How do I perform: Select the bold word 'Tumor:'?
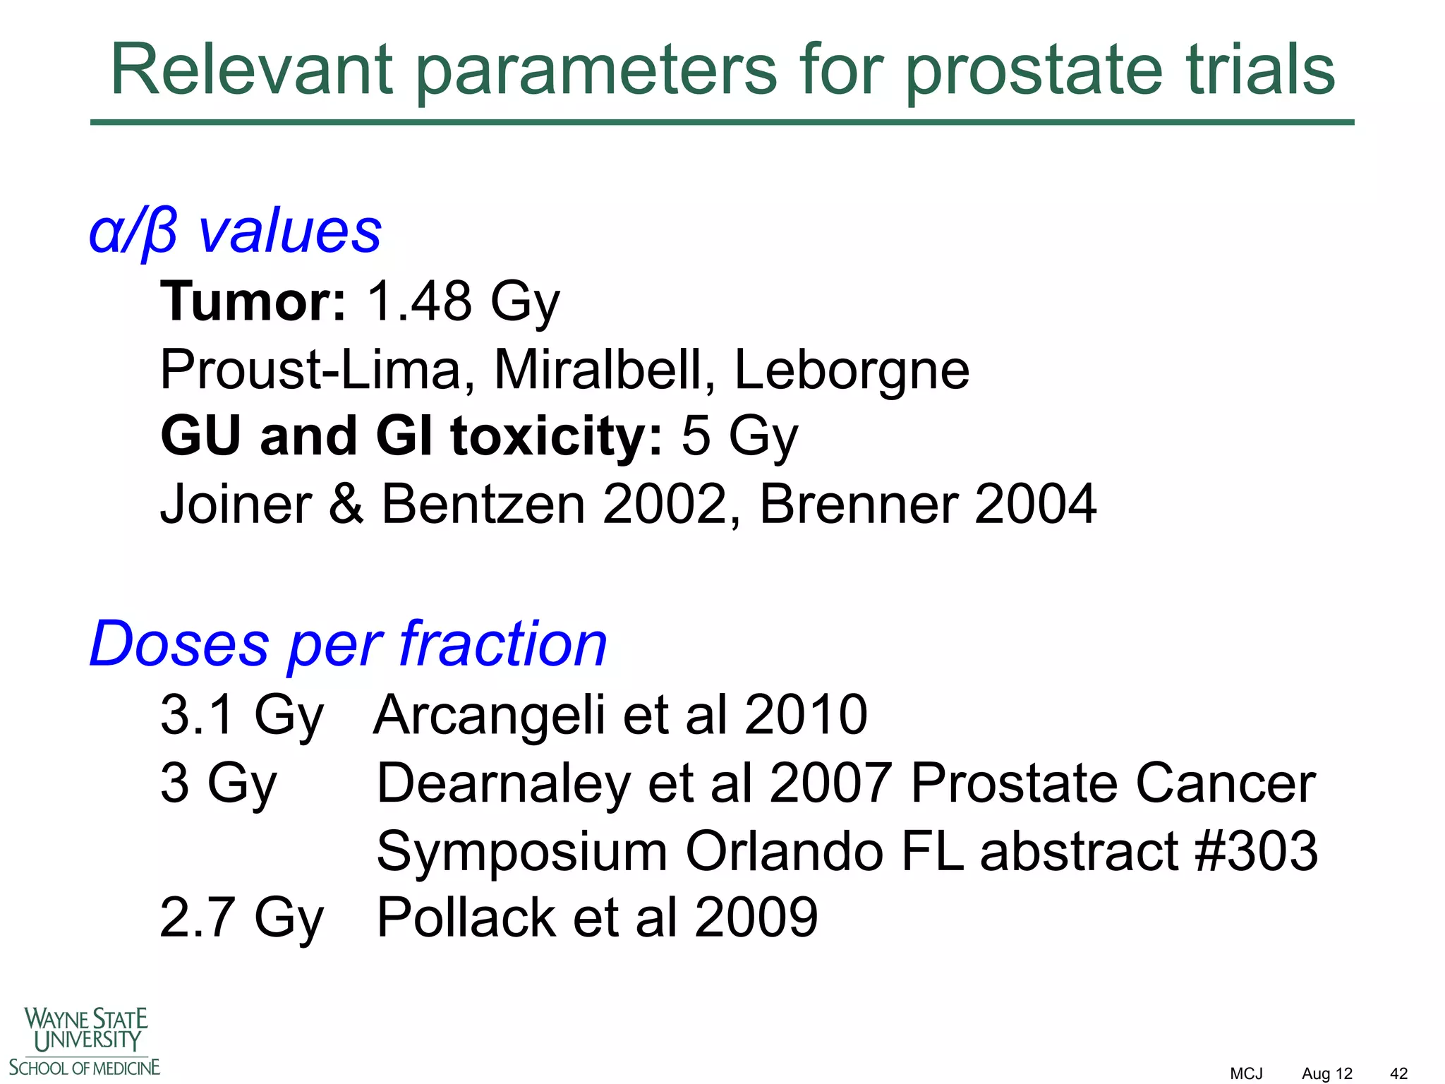coord(253,301)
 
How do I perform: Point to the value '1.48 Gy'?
coord(463,302)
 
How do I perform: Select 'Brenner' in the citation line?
coord(858,504)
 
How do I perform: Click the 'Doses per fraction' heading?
coord(348,644)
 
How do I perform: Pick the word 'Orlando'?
coord(784,851)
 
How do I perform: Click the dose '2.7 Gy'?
coord(241,917)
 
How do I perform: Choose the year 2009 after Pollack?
coord(756,917)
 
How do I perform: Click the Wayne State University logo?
coord(85,1042)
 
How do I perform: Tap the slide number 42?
coord(1398,1073)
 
